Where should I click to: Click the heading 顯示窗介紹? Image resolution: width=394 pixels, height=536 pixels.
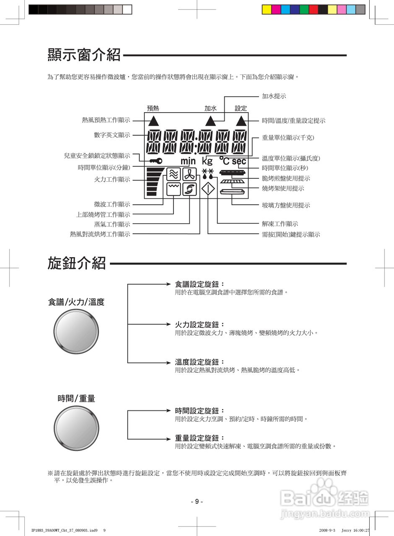84,55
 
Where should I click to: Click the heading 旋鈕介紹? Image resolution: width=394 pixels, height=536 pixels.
77,263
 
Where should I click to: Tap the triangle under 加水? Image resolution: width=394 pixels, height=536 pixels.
210,121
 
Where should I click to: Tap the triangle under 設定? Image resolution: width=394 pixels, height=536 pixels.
241,121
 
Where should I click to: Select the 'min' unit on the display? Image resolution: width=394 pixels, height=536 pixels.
188,161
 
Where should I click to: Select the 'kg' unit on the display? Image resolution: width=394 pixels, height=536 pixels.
207,161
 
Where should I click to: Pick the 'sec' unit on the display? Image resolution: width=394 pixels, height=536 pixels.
239,161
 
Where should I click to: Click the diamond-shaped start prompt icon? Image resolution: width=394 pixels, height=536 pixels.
208,189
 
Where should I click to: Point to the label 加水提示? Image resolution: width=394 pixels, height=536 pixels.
274,96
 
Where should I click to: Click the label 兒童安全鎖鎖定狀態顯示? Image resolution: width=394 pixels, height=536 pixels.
97,156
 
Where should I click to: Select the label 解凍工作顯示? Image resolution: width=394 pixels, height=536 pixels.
280,224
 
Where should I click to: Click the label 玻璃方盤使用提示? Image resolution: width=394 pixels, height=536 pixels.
286,205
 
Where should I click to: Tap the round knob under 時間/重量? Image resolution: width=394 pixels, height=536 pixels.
76,428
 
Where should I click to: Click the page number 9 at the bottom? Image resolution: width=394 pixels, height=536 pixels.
197,502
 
